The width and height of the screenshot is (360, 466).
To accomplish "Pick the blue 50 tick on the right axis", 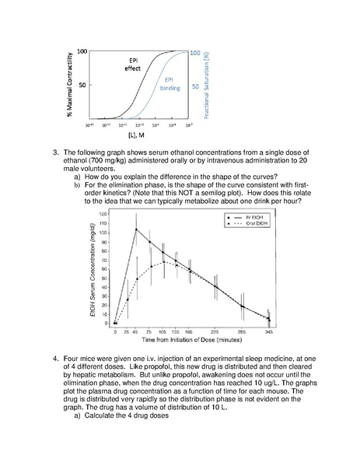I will (197, 86).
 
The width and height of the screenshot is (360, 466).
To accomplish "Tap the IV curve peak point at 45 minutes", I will (137, 229).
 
